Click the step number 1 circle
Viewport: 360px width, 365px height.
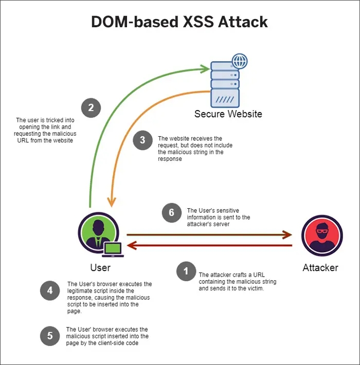pos(186,271)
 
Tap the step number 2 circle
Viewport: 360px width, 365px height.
pos(91,108)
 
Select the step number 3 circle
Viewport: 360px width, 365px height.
pos(142,140)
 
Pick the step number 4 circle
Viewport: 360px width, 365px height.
pos(50,290)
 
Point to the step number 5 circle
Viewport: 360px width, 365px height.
pos(50,336)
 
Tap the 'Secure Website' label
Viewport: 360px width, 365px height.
pos(228,114)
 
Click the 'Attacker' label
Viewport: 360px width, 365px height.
pos(320,268)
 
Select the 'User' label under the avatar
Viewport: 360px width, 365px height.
pos(100,268)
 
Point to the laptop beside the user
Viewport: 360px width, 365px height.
pos(113,249)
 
